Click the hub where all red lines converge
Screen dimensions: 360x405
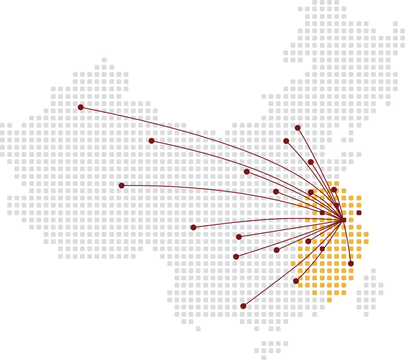(344, 220)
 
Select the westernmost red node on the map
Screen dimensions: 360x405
(80, 107)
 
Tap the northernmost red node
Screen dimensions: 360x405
(298, 128)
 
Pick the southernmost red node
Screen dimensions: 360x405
(243, 306)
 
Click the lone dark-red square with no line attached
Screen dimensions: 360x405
(359, 213)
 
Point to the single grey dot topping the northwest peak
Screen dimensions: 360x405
(104, 60)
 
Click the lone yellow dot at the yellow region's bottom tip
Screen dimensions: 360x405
(329, 300)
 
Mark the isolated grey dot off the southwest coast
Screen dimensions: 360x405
(198, 329)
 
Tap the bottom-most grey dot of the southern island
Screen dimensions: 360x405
(264, 357)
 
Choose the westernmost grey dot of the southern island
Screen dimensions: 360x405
(256, 351)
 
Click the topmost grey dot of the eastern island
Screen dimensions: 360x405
(373, 271)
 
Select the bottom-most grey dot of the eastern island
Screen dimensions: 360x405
(366, 314)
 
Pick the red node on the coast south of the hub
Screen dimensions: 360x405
(351, 263)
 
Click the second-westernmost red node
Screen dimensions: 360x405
(122, 185)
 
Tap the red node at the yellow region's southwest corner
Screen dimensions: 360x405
(296, 281)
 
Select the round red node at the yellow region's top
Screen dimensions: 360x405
(334, 190)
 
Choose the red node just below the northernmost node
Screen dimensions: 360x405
(286, 141)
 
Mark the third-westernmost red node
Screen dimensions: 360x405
(152, 141)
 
